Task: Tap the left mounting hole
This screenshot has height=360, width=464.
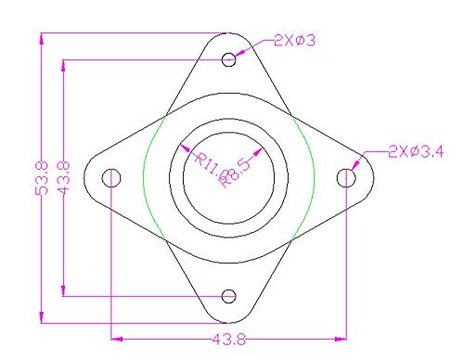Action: (111, 176)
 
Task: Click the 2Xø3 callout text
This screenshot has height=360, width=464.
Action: (296, 40)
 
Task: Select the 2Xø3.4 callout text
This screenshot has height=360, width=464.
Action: (415, 150)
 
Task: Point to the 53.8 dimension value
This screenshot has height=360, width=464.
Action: (41, 177)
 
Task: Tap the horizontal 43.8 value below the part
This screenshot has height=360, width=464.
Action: (229, 340)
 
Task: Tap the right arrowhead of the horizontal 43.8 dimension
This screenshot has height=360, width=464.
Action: (343, 338)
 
